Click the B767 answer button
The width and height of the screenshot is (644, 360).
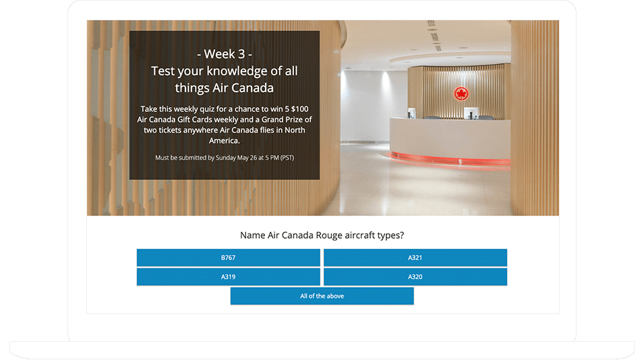[228, 258]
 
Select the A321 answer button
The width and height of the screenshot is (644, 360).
[415, 258]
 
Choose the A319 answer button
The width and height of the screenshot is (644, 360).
[228, 277]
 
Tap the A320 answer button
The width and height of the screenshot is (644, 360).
[415, 277]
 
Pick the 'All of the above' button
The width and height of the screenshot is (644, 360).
[322, 296]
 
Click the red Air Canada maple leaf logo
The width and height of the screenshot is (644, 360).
[461, 93]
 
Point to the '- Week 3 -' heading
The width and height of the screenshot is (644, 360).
[225, 54]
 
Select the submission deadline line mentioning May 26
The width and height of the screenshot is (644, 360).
[225, 158]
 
